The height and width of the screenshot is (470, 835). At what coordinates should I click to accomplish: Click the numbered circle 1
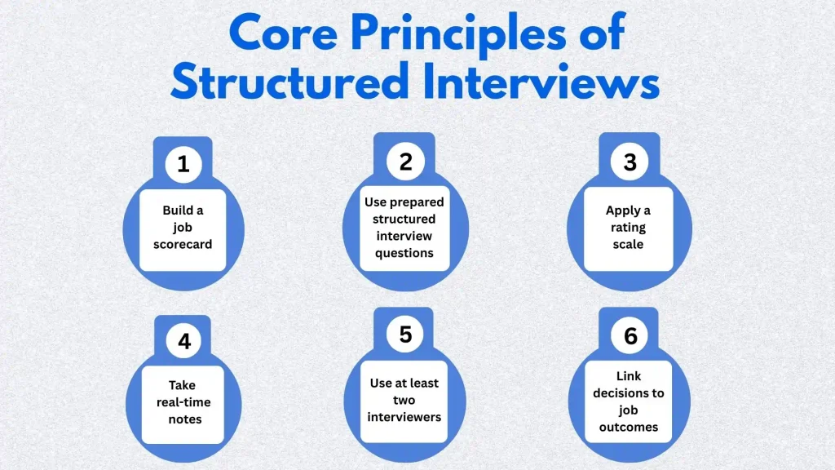[183, 164]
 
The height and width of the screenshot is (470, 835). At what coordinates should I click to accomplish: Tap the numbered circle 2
[405, 162]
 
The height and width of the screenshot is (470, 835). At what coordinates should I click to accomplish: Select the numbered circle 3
[630, 162]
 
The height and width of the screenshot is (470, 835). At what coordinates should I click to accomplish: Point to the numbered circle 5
[405, 335]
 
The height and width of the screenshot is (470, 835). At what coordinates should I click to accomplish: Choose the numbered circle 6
[630, 335]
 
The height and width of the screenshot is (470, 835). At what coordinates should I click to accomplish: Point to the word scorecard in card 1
[183, 243]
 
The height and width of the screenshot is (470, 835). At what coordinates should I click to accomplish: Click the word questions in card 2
[404, 253]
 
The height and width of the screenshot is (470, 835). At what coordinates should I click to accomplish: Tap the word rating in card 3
[628, 228]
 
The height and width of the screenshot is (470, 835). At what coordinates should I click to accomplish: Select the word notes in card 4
[183, 419]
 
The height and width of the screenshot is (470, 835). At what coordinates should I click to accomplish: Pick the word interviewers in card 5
[404, 417]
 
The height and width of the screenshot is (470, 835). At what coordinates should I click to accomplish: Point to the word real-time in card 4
[183, 402]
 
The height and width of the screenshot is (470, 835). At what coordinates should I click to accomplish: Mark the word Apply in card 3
[622, 211]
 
